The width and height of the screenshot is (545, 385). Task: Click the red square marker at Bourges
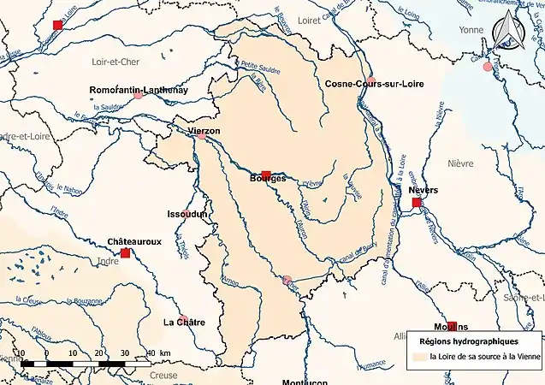tap(266, 175)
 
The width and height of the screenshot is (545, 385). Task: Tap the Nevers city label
tap(423, 190)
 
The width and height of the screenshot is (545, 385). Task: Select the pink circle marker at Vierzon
tap(202, 136)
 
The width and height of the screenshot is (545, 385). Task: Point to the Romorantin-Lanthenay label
tap(139, 89)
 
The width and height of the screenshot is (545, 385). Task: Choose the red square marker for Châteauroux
tap(125, 253)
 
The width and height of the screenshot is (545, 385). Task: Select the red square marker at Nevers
tap(417, 203)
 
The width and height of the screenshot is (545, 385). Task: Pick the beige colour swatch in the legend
tap(419, 357)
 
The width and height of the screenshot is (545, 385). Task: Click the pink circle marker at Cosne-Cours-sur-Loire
tap(371, 80)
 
